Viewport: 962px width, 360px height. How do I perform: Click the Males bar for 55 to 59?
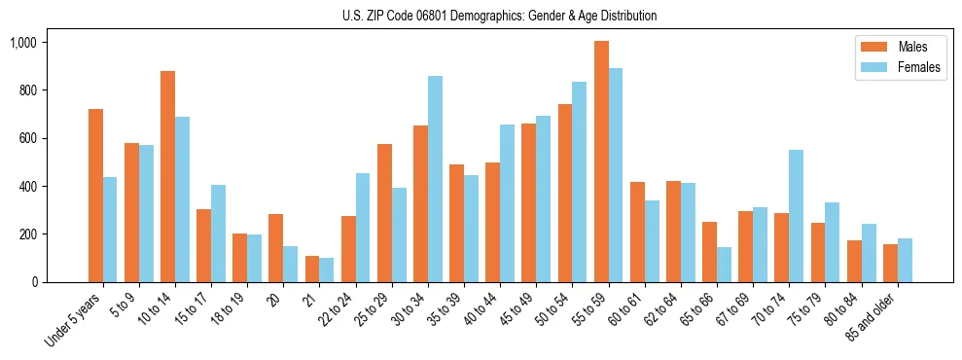pyautogui.click(x=601, y=162)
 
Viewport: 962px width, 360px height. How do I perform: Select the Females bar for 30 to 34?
pyautogui.click(x=435, y=179)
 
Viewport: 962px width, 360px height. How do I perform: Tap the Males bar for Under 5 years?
pyautogui.click(x=95, y=196)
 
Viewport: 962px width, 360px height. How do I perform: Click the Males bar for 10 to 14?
pyautogui.click(x=167, y=176)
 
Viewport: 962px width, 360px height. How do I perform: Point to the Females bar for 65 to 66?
pyautogui.click(x=724, y=265)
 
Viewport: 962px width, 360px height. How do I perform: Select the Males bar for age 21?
pyautogui.click(x=312, y=269)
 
